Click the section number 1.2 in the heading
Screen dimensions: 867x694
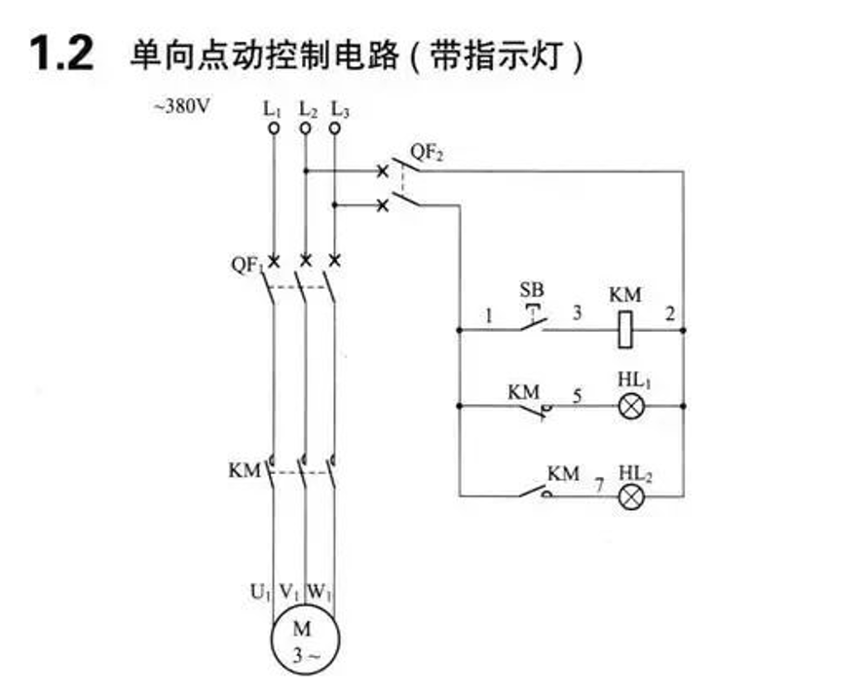tap(61, 53)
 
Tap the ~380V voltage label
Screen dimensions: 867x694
tap(182, 106)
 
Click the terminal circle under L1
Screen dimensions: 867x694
tap(274, 128)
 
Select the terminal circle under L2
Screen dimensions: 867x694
tap(305, 128)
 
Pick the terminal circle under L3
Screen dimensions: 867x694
tap(334, 128)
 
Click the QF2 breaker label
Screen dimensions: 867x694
tap(427, 152)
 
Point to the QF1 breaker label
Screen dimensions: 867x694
tap(247, 265)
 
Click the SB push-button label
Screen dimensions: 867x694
tap(532, 289)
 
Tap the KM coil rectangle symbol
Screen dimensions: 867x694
tap(624, 330)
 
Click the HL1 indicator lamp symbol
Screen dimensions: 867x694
tap(631, 407)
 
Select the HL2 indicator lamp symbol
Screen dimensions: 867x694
tap(631, 496)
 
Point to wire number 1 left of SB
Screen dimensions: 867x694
tap(488, 316)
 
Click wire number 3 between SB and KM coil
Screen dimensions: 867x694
tap(577, 313)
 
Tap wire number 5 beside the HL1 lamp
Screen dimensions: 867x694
tap(577, 396)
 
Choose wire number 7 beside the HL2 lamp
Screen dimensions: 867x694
tap(599, 485)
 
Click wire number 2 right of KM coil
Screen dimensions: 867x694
tap(669, 313)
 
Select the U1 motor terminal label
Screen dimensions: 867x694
tap(260, 593)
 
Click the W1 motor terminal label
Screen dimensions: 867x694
tap(320, 593)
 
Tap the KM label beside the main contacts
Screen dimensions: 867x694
tap(244, 471)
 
